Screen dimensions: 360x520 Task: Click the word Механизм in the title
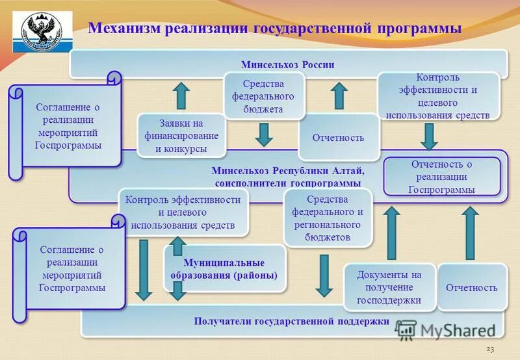coord(123,28)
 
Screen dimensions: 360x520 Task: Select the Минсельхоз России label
coord(287,65)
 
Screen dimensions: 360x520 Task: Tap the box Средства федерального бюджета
coord(263,96)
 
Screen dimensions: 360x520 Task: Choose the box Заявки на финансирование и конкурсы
coord(181,136)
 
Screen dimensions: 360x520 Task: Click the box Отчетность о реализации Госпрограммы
coord(441,176)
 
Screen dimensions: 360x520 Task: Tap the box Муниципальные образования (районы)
coord(224,269)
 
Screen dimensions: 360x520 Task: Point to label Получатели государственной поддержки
coord(291,321)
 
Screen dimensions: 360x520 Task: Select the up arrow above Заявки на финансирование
coord(181,95)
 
